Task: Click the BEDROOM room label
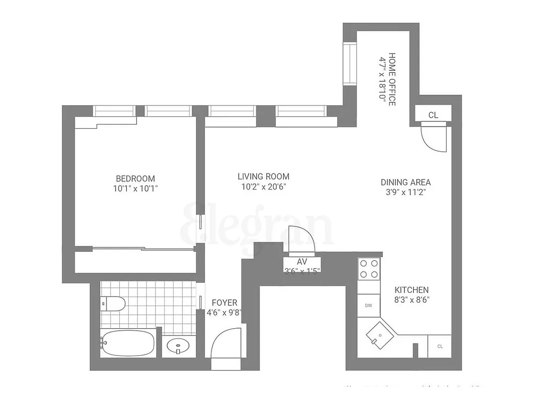click(x=135, y=179)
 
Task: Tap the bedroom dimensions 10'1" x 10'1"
click(x=135, y=189)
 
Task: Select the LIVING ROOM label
click(x=263, y=177)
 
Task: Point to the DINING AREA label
click(x=405, y=183)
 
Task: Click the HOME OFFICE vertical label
click(x=392, y=78)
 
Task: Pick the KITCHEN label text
click(x=411, y=290)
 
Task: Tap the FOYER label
click(x=224, y=303)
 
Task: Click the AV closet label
click(x=302, y=262)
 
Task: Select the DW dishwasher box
click(x=368, y=305)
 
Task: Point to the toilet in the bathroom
click(x=113, y=303)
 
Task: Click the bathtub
click(x=128, y=344)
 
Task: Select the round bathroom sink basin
click(x=178, y=345)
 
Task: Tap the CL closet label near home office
click(x=433, y=115)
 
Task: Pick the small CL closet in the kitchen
click(x=440, y=346)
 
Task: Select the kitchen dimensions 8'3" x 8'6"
click(x=412, y=300)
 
